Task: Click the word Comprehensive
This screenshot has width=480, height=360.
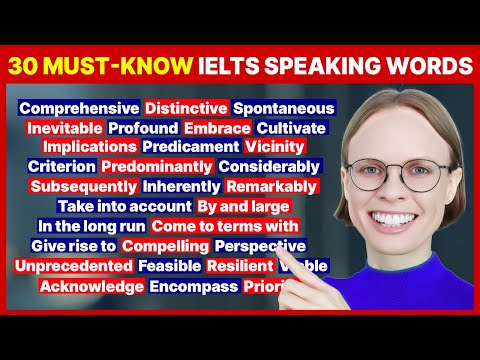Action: click(x=79, y=106)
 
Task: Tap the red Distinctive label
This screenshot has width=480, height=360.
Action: click(x=185, y=106)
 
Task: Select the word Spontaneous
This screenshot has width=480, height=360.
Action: click(x=283, y=106)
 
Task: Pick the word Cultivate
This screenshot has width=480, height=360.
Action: click(x=291, y=128)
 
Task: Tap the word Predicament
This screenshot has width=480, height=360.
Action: click(x=184, y=147)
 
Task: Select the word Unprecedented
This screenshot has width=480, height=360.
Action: click(x=74, y=266)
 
